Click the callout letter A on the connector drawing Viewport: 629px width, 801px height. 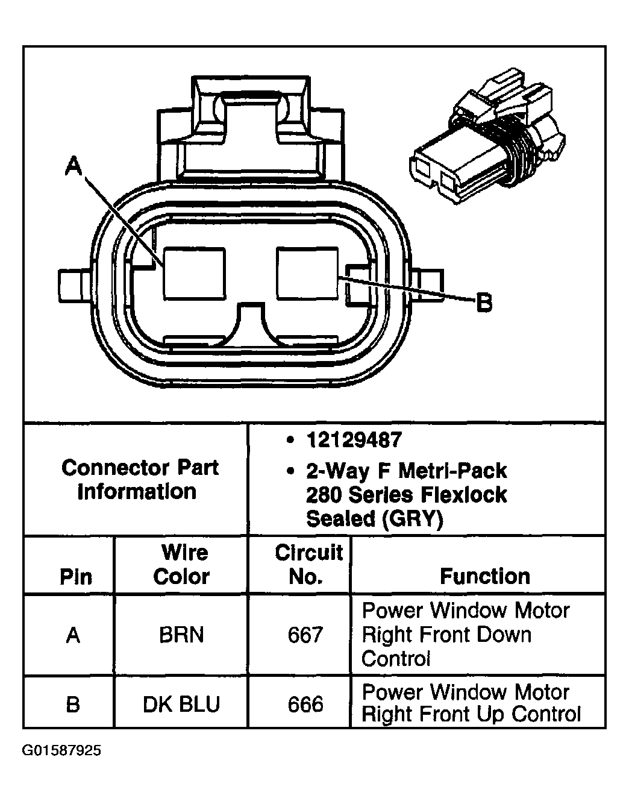coord(74,165)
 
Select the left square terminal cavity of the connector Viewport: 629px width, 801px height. coord(195,274)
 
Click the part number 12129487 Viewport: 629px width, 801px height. coord(353,440)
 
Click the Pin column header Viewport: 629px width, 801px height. coord(75,577)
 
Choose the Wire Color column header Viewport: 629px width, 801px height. coord(181,565)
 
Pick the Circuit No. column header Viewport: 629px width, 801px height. coord(307,565)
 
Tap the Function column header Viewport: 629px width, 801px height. coord(485,577)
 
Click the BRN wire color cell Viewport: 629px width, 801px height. coord(181,635)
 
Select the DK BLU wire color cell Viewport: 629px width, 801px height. coord(181,704)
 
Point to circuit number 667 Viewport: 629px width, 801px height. coord(305,635)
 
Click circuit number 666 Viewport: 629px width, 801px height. coord(305,704)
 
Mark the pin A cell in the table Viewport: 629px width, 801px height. coord(73,635)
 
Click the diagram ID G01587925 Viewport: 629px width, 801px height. coord(62,751)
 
